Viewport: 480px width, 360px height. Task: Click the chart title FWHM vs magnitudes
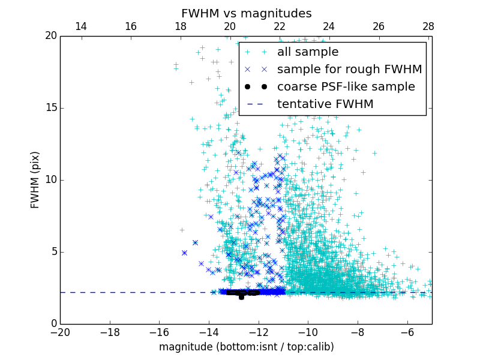tap(246, 13)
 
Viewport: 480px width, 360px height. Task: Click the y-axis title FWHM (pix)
tap(35, 179)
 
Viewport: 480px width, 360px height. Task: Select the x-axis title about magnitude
tap(246, 347)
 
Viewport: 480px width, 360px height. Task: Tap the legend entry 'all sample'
tap(307, 52)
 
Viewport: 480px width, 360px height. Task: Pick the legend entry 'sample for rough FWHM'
tap(349, 70)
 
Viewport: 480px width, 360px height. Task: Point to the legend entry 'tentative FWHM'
tap(325, 104)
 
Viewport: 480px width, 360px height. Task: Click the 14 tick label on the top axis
tap(80, 26)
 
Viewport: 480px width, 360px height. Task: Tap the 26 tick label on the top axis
tap(379, 26)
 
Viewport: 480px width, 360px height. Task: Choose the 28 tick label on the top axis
tap(428, 26)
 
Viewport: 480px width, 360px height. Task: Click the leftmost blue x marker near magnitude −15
tap(184, 253)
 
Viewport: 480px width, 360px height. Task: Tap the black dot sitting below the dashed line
tap(241, 297)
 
